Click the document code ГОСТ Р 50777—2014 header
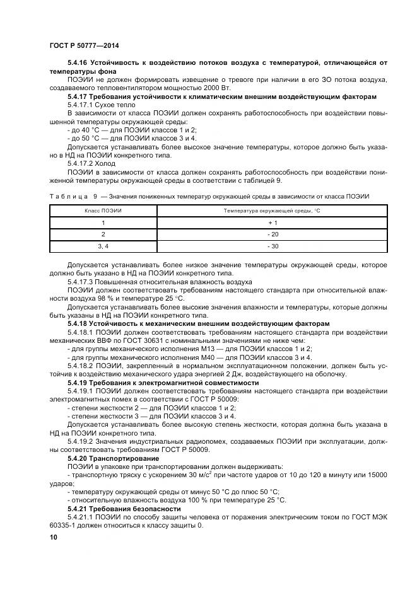click(x=83, y=46)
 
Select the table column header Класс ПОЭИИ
click(x=104, y=210)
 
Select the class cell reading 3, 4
click(x=104, y=246)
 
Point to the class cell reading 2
click(x=104, y=234)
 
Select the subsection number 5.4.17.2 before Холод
click(x=79, y=162)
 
